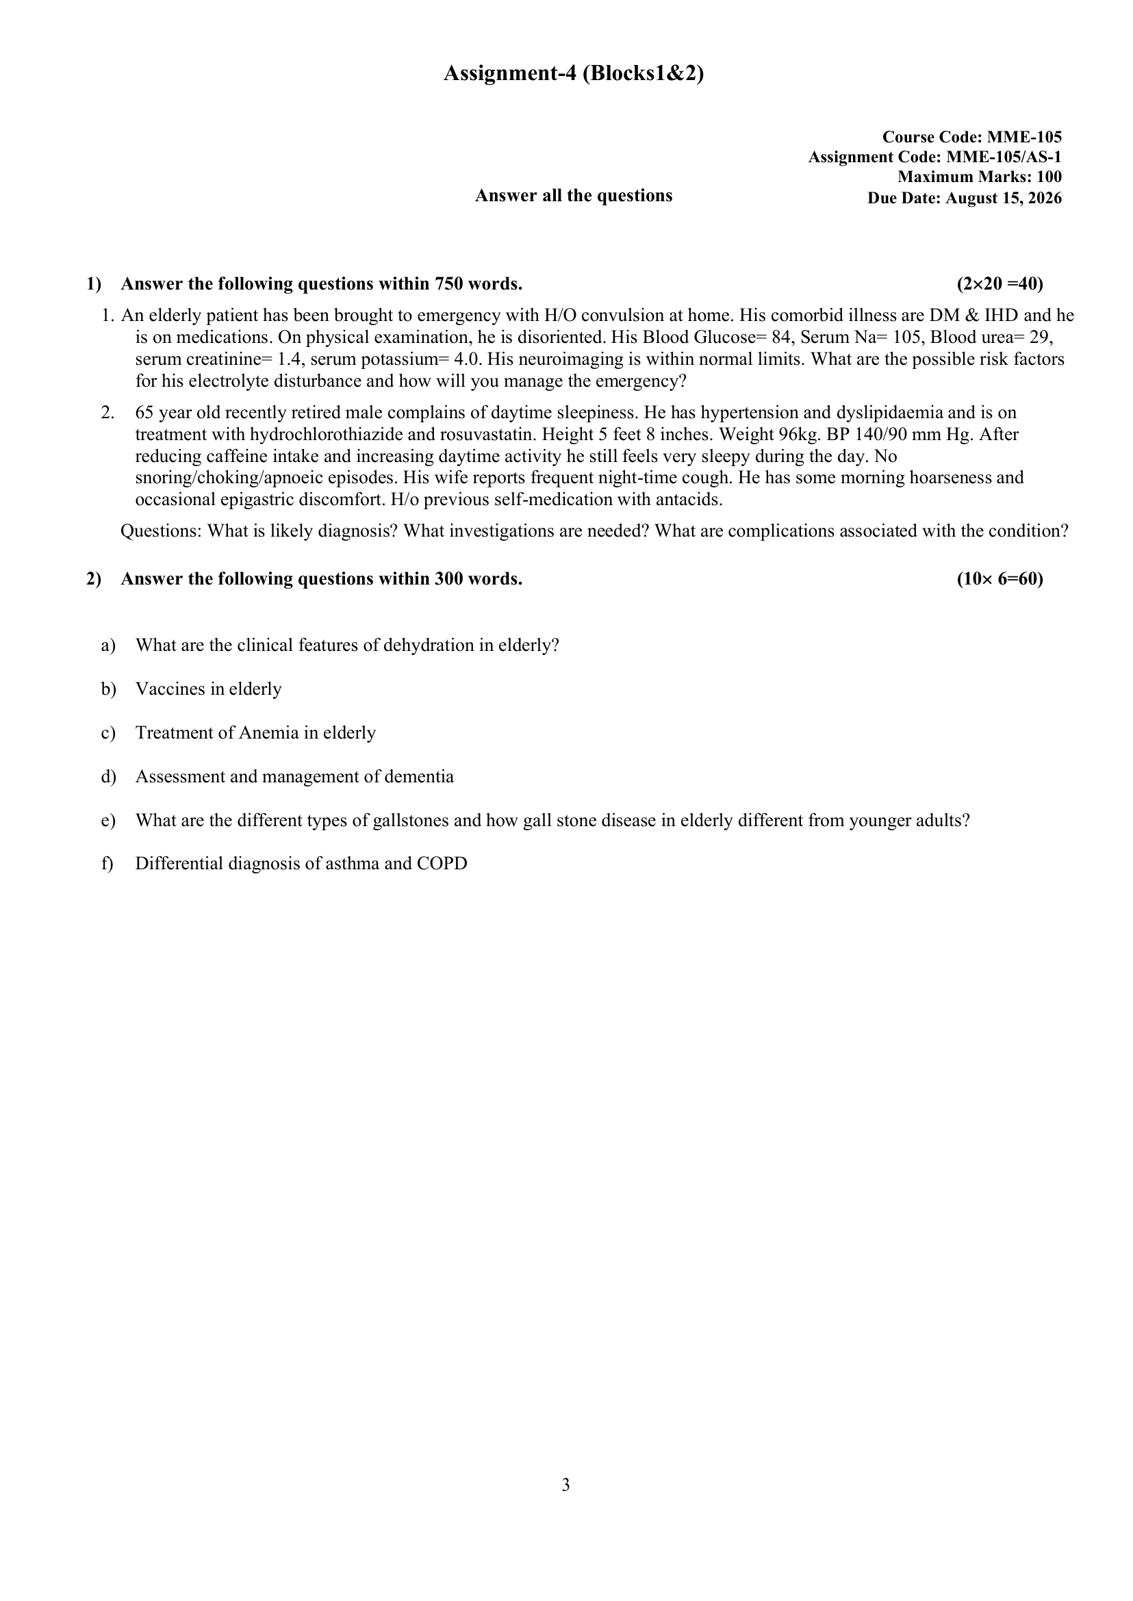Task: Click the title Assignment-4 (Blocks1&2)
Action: [573, 73]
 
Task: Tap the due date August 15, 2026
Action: [1004, 198]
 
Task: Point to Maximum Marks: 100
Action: [980, 177]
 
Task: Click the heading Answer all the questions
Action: [574, 195]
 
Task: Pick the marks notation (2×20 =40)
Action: [1000, 284]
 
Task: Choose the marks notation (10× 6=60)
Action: [1000, 579]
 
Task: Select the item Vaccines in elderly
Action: [208, 689]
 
